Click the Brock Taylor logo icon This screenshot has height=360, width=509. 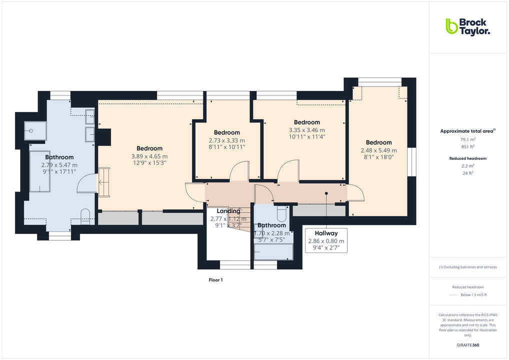point(451,26)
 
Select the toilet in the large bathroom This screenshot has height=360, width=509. point(85,215)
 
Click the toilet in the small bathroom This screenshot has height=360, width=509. point(281,214)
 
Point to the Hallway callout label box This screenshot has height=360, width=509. point(326,240)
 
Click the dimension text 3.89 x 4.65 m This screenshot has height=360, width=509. point(149,156)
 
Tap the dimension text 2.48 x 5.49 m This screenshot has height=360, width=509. point(378,150)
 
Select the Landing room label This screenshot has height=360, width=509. point(228,211)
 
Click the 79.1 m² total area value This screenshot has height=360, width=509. point(468,139)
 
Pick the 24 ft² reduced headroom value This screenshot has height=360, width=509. point(468,173)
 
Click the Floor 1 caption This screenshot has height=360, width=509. point(215,280)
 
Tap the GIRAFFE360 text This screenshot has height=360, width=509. point(468,345)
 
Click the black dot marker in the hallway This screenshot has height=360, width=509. point(326,193)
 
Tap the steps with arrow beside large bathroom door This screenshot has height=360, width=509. point(103,182)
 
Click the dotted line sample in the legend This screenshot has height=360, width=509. point(453,295)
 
